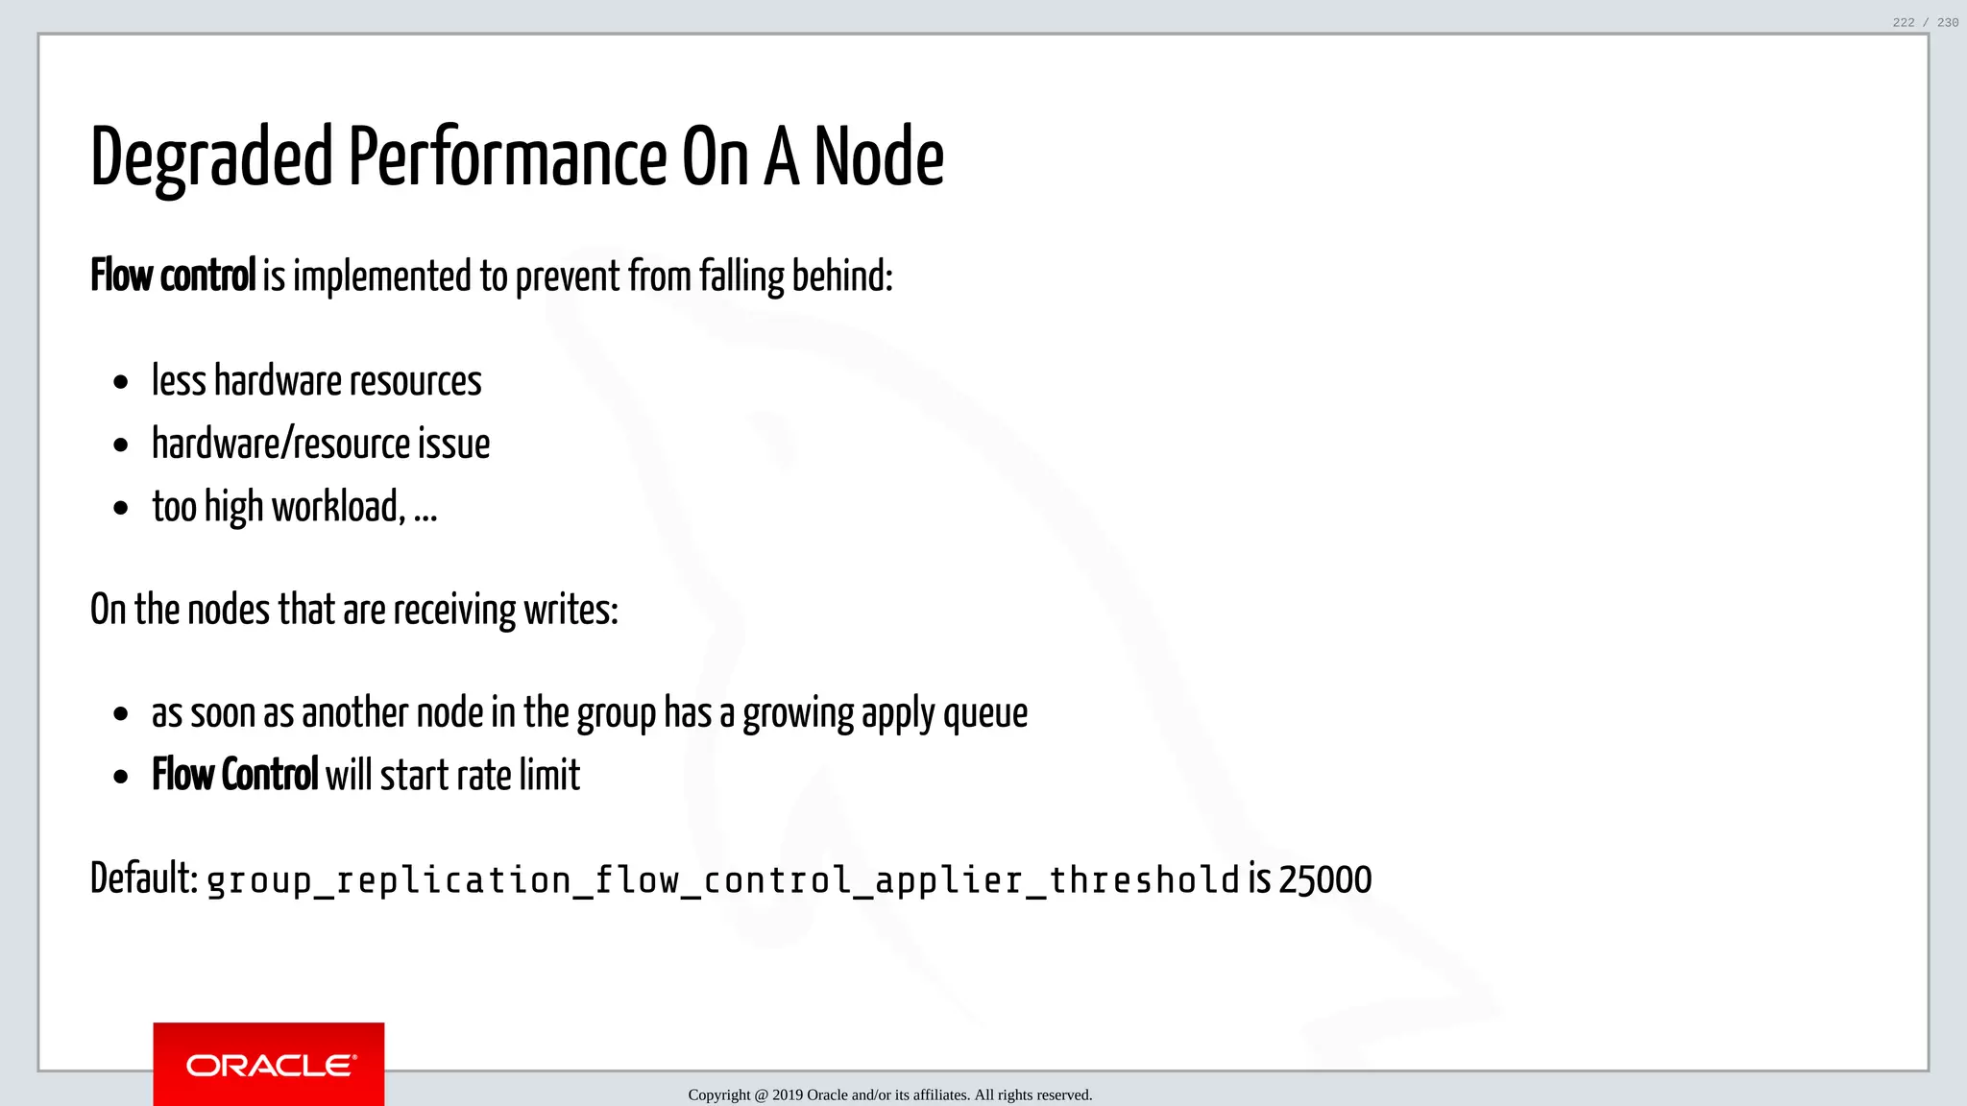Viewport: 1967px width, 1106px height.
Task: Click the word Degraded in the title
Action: click(x=210, y=158)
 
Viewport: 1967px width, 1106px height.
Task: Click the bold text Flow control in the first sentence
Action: click(x=173, y=276)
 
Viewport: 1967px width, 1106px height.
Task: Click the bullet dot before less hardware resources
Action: click(x=120, y=383)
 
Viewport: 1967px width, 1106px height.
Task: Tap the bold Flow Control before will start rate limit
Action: click(x=234, y=775)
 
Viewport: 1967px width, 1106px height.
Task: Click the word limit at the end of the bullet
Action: click(x=549, y=775)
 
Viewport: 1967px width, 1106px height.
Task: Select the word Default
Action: click(x=143, y=878)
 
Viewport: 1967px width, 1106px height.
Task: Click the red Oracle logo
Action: click(x=269, y=1065)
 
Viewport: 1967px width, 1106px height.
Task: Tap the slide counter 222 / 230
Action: click(x=1925, y=22)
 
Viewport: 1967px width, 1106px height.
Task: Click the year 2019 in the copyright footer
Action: click(x=787, y=1095)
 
